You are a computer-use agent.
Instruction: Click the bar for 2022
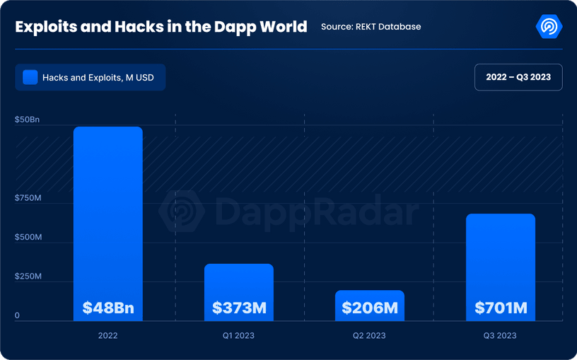(108, 212)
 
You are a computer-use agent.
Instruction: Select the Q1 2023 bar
(238, 283)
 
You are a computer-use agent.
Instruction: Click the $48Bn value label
(108, 308)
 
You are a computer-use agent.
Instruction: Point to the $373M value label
(239, 308)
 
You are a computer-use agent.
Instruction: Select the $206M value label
(370, 308)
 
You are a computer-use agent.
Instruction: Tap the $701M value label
(501, 308)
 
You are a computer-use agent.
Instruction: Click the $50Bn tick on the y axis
(27, 120)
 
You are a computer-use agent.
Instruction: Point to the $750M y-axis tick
(28, 198)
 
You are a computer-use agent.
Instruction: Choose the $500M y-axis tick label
(28, 237)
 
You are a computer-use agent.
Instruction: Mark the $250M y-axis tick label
(28, 276)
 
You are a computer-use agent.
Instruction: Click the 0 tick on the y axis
(18, 315)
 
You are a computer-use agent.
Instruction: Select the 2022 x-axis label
(108, 335)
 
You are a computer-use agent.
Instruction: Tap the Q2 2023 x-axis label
(369, 335)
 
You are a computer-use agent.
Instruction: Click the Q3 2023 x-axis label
(500, 335)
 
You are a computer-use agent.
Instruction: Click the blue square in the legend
(30, 77)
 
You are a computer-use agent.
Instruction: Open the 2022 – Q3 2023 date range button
(518, 77)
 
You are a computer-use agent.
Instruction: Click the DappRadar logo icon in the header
(549, 27)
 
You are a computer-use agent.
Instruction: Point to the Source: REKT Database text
(371, 27)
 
